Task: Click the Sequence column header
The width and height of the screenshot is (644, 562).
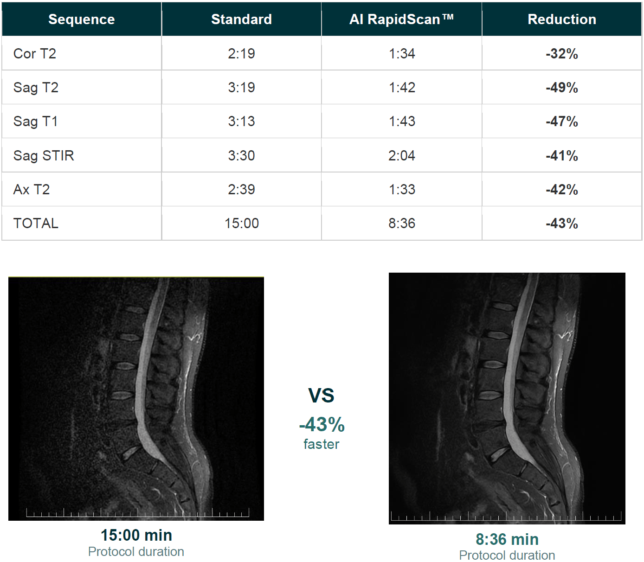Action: tap(82, 19)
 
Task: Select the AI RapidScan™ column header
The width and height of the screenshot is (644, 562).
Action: tap(402, 19)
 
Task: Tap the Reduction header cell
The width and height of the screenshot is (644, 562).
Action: tap(562, 19)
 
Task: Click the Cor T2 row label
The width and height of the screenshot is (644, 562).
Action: tap(35, 53)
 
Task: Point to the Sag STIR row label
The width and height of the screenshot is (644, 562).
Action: tap(44, 155)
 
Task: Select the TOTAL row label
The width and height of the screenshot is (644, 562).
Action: tap(36, 224)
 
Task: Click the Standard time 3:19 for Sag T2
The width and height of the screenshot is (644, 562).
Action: tap(241, 88)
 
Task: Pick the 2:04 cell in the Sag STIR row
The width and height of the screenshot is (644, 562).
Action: tap(402, 155)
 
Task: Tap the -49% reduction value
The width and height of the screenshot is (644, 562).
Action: tap(562, 88)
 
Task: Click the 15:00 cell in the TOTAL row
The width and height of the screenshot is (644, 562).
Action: tap(241, 224)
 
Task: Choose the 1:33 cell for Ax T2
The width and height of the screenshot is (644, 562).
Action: tap(402, 189)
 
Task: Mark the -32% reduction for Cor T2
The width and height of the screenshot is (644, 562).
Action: tap(562, 53)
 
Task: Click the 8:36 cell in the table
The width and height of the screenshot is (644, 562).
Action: tap(402, 224)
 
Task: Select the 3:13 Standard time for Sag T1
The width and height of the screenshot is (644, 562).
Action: tap(241, 121)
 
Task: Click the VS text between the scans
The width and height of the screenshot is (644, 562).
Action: tap(321, 396)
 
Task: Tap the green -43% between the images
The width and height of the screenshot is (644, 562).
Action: tap(322, 424)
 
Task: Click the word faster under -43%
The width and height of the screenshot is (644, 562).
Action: tap(322, 444)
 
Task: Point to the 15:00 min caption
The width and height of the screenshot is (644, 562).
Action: tap(136, 535)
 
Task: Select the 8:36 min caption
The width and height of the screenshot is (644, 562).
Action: tap(507, 539)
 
